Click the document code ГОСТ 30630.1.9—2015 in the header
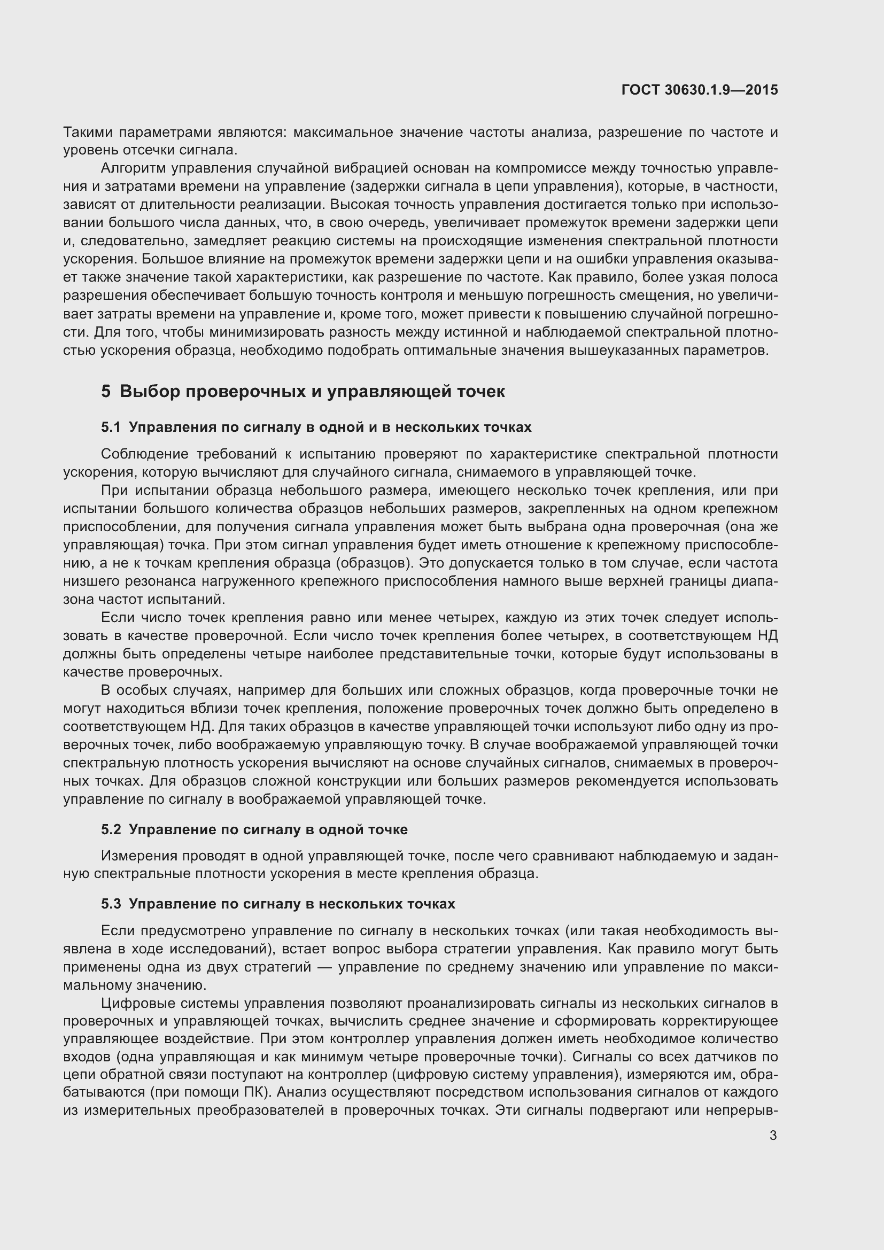[x=700, y=90]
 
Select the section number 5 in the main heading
[x=106, y=391]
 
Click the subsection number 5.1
[x=111, y=428]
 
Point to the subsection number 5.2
[x=111, y=830]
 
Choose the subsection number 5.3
[x=111, y=904]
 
